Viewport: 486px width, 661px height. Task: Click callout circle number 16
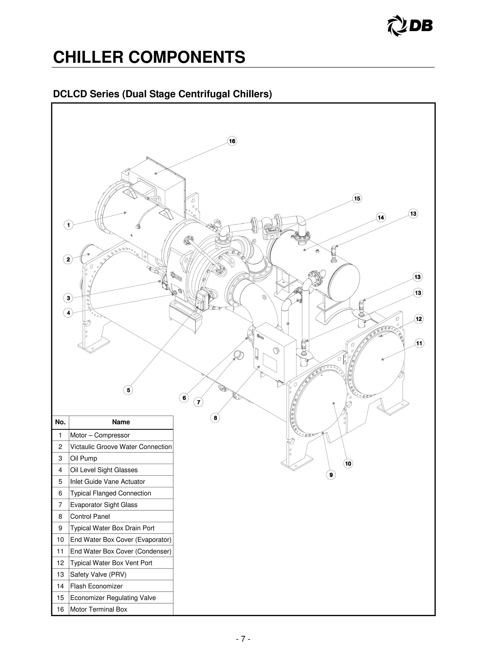click(232, 141)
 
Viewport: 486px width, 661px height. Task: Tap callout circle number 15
click(357, 199)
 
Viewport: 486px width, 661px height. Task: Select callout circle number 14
click(381, 217)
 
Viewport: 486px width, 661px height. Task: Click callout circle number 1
click(69, 225)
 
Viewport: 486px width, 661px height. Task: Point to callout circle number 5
click(128, 391)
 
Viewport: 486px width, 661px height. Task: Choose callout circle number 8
click(215, 418)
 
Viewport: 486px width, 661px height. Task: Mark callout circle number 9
click(331, 475)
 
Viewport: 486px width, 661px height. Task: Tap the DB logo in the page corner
click(410, 26)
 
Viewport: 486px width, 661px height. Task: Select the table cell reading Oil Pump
click(84, 458)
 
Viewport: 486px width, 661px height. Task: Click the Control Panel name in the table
click(90, 516)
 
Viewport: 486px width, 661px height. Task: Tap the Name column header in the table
click(121, 422)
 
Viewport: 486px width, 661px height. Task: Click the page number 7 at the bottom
click(243, 639)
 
